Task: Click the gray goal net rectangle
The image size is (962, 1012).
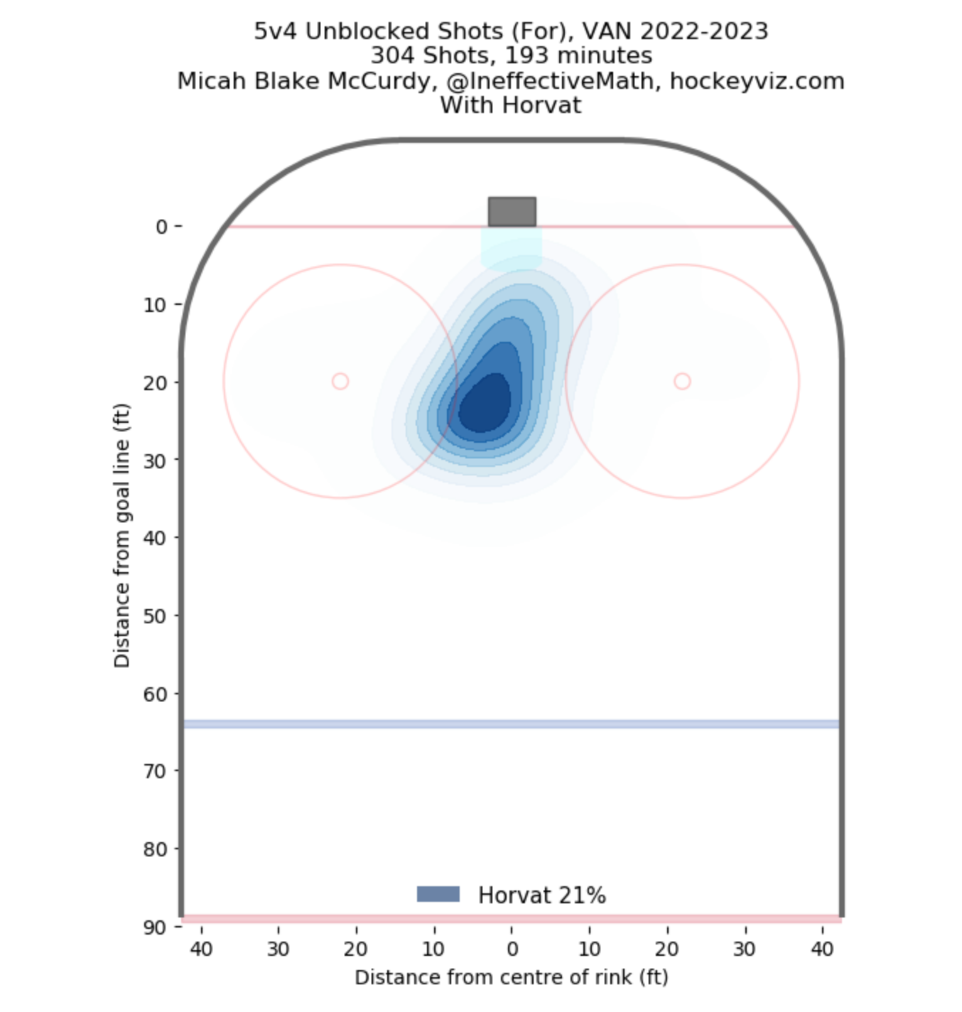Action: pos(512,212)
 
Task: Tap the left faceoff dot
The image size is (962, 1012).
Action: pos(340,382)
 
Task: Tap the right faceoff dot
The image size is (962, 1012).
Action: pos(682,382)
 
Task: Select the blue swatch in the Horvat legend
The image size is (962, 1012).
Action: pos(438,894)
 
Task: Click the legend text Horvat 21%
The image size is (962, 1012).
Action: pos(541,895)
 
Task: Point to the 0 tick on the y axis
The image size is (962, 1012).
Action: pos(162,227)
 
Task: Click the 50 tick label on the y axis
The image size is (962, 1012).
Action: pos(155,615)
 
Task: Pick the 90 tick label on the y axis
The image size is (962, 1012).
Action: pos(155,927)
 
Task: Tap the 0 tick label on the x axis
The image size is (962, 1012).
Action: pos(512,949)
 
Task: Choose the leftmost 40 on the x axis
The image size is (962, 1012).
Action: pos(201,949)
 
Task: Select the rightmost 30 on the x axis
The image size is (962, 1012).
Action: pos(745,949)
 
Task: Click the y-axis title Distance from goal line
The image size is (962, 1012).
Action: pos(121,536)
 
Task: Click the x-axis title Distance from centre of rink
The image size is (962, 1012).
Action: pos(512,977)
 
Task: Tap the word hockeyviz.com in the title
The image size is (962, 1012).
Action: pos(757,81)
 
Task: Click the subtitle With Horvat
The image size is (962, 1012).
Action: pos(510,105)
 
